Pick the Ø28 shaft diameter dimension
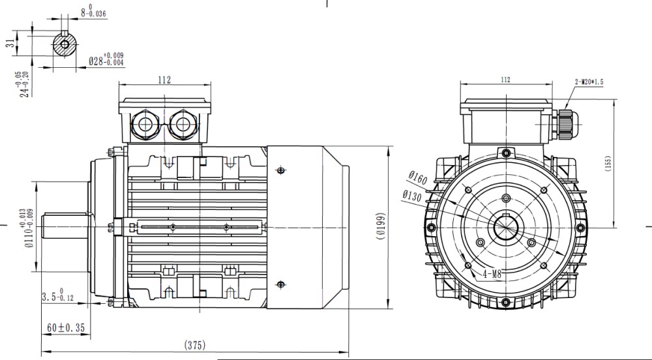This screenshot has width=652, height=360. (x=106, y=60)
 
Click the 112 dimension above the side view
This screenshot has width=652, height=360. (x=164, y=80)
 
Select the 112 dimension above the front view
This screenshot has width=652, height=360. (x=505, y=80)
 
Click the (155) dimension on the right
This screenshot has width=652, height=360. (x=625, y=164)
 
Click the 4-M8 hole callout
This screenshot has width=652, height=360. (x=492, y=275)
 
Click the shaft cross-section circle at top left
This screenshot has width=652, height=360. (x=65, y=44)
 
